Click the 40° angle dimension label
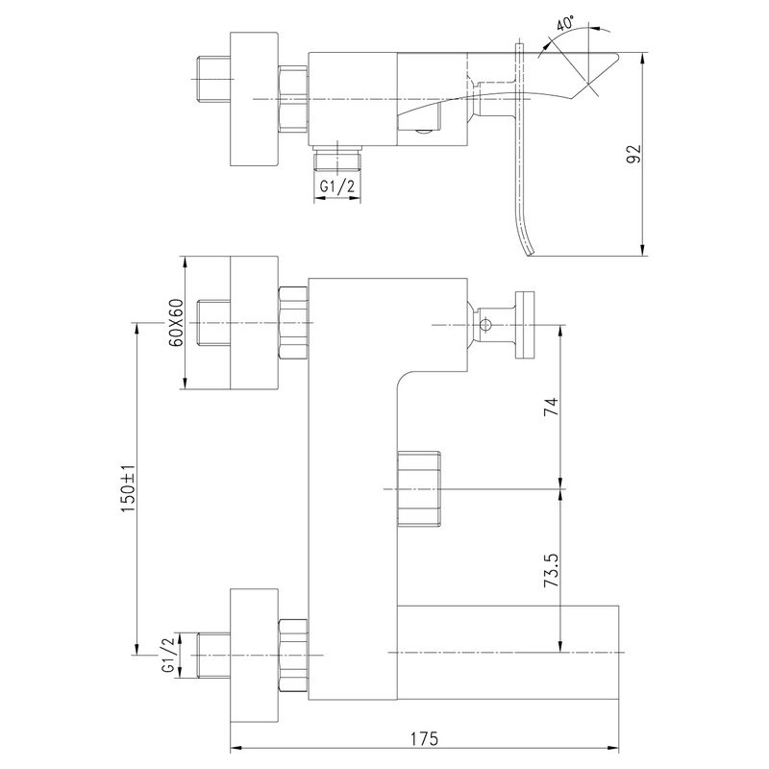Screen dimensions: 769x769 pyautogui.click(x=565, y=23)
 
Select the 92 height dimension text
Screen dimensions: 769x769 pyautogui.click(x=634, y=154)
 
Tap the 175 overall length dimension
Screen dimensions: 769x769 pyautogui.click(x=425, y=738)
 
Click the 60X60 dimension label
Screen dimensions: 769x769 pyautogui.click(x=176, y=322)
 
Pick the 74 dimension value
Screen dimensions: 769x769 pyautogui.click(x=551, y=407)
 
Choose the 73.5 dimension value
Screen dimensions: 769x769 pyautogui.click(x=551, y=571)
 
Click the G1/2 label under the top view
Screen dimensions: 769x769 pyautogui.click(x=337, y=186)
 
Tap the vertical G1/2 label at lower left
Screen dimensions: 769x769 pyautogui.click(x=167, y=656)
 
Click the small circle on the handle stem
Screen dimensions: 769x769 pyautogui.click(x=485, y=324)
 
